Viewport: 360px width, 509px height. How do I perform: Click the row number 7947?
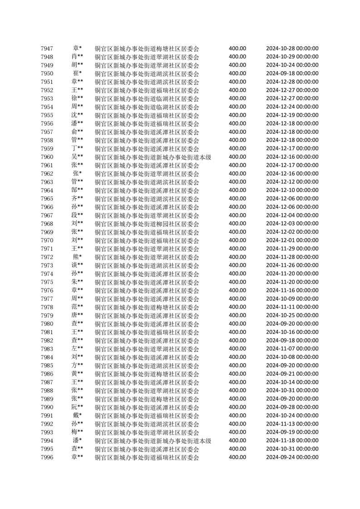point(47,49)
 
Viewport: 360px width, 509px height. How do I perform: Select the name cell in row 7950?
point(77,73)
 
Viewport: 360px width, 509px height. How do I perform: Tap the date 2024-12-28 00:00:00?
point(292,82)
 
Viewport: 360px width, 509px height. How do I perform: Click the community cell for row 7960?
point(153,157)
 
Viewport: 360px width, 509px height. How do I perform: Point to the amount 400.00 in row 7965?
point(237,199)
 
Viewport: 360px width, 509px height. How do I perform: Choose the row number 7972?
point(47,257)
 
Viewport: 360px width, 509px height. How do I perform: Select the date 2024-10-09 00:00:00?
point(292,299)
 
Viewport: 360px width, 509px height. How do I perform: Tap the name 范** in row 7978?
point(77,307)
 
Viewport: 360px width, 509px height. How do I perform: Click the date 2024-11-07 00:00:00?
point(292,349)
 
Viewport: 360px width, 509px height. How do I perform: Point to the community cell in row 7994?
point(153,441)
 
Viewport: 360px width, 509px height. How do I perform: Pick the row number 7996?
point(47,457)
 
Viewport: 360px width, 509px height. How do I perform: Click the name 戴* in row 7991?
point(77,416)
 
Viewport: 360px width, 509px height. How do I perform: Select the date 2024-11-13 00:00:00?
point(292,424)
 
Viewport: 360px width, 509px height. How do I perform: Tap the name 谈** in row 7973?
point(77,265)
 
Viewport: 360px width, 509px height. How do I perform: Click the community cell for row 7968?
point(147,224)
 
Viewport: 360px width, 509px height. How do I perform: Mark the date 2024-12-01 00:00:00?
point(292,240)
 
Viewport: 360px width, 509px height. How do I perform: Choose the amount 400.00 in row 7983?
point(237,349)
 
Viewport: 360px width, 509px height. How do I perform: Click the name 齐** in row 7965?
point(77,199)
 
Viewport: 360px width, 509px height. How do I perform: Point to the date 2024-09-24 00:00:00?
point(292,457)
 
